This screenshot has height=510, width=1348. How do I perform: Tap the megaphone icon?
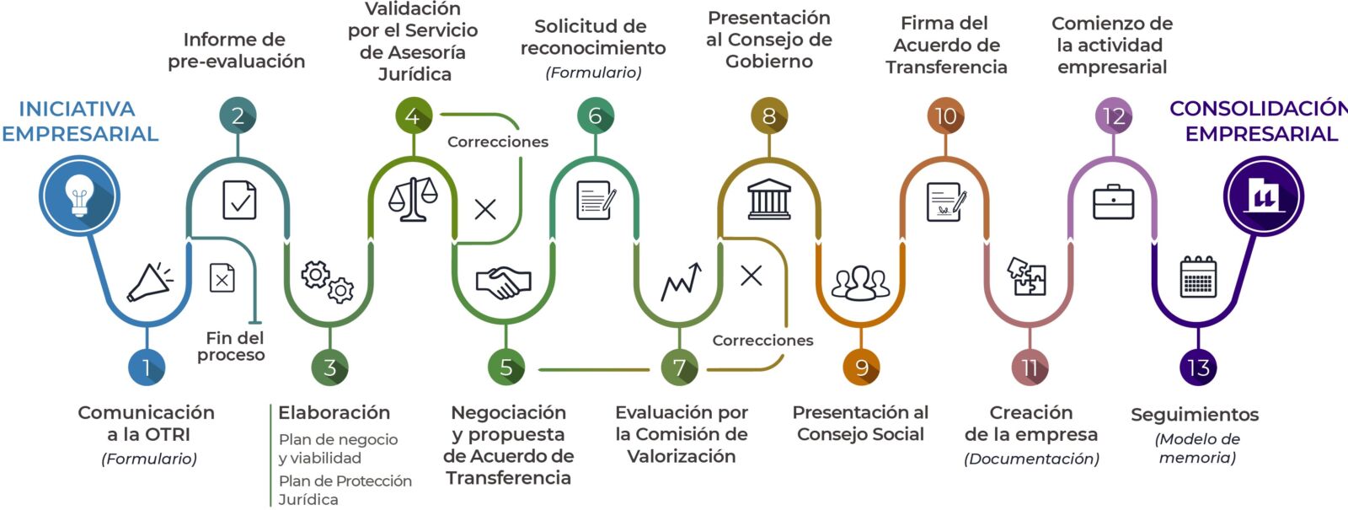coord(150,282)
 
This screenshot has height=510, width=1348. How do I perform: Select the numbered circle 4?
coord(413,115)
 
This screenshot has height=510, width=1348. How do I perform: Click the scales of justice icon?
coord(413,199)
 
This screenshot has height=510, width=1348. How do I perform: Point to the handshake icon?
coord(503,282)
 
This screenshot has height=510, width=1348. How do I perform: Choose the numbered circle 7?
coord(679,368)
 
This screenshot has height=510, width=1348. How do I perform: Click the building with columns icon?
coord(769,199)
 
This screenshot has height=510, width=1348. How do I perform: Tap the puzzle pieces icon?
coord(1027,276)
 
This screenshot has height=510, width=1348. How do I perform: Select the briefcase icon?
coord(1113,201)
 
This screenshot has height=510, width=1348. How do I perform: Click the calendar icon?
coord(1198,276)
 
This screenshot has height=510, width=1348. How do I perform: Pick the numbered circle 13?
coord(1198,368)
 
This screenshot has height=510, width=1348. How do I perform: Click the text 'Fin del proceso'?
coord(232,346)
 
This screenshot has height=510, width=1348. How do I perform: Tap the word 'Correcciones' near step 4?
coord(497,142)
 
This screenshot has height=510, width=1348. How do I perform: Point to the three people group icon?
coord(860,283)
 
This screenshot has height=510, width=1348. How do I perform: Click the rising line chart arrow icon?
coord(681,282)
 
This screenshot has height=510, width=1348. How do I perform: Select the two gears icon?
coord(328,282)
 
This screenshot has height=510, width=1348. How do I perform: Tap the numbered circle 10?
coord(946,115)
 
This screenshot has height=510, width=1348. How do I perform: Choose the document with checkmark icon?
coord(239,200)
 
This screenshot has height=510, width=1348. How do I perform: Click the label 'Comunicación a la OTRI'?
coord(147,423)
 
